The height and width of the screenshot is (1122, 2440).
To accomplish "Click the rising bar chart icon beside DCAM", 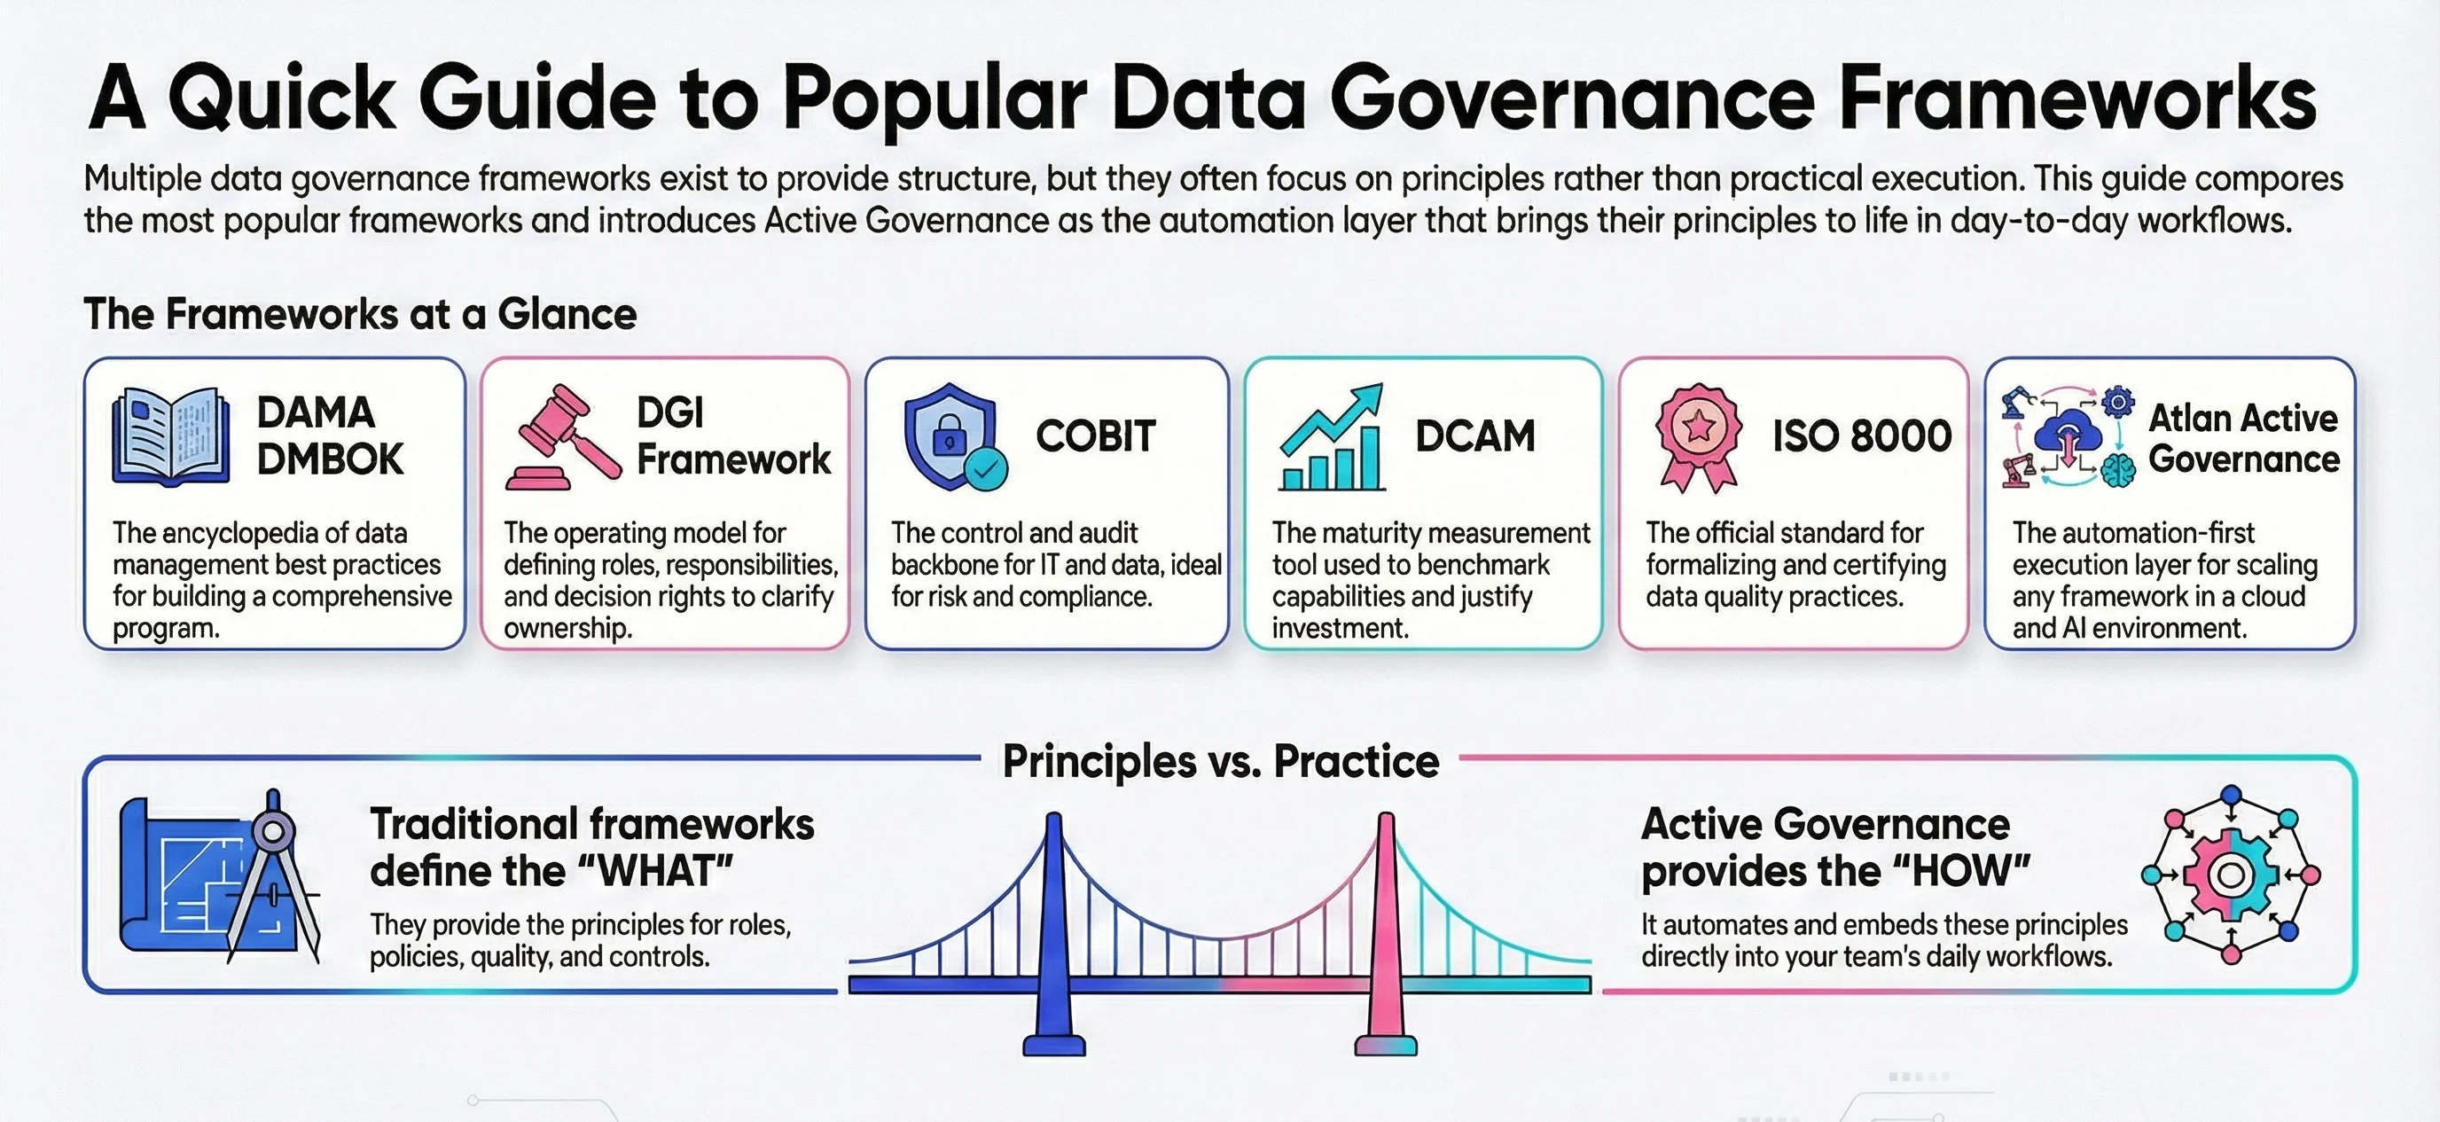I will tap(1332, 438).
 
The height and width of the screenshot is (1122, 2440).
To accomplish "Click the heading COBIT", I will tap(1096, 435).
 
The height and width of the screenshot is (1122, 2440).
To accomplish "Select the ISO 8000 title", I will tap(1861, 435).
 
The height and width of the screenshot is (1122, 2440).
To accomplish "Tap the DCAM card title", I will tap(1474, 435).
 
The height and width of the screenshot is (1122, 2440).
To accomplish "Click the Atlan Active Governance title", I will tap(2243, 439).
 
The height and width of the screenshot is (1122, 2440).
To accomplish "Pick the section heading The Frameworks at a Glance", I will tap(360, 314).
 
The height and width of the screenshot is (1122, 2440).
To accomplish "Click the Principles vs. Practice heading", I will tap(1220, 761).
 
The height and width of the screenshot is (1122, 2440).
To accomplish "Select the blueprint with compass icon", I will tap(218, 876).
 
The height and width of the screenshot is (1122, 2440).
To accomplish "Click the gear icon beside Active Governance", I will tap(2231, 875).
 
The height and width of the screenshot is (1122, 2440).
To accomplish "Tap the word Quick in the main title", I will tap(281, 98).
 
